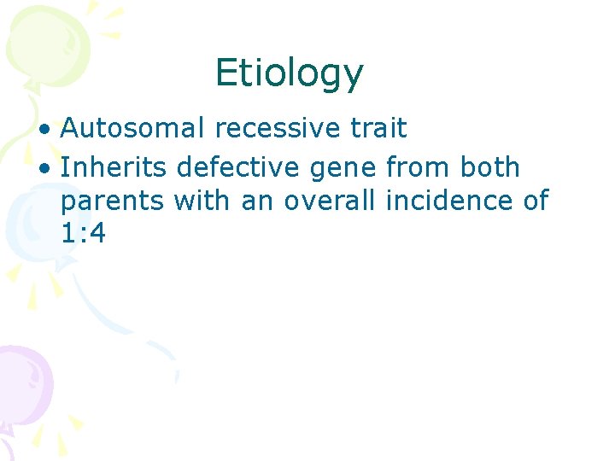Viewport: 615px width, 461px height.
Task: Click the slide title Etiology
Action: pos(290,73)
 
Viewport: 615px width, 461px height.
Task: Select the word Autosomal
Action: pos(133,129)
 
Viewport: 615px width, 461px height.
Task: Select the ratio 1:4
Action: pos(83,233)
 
